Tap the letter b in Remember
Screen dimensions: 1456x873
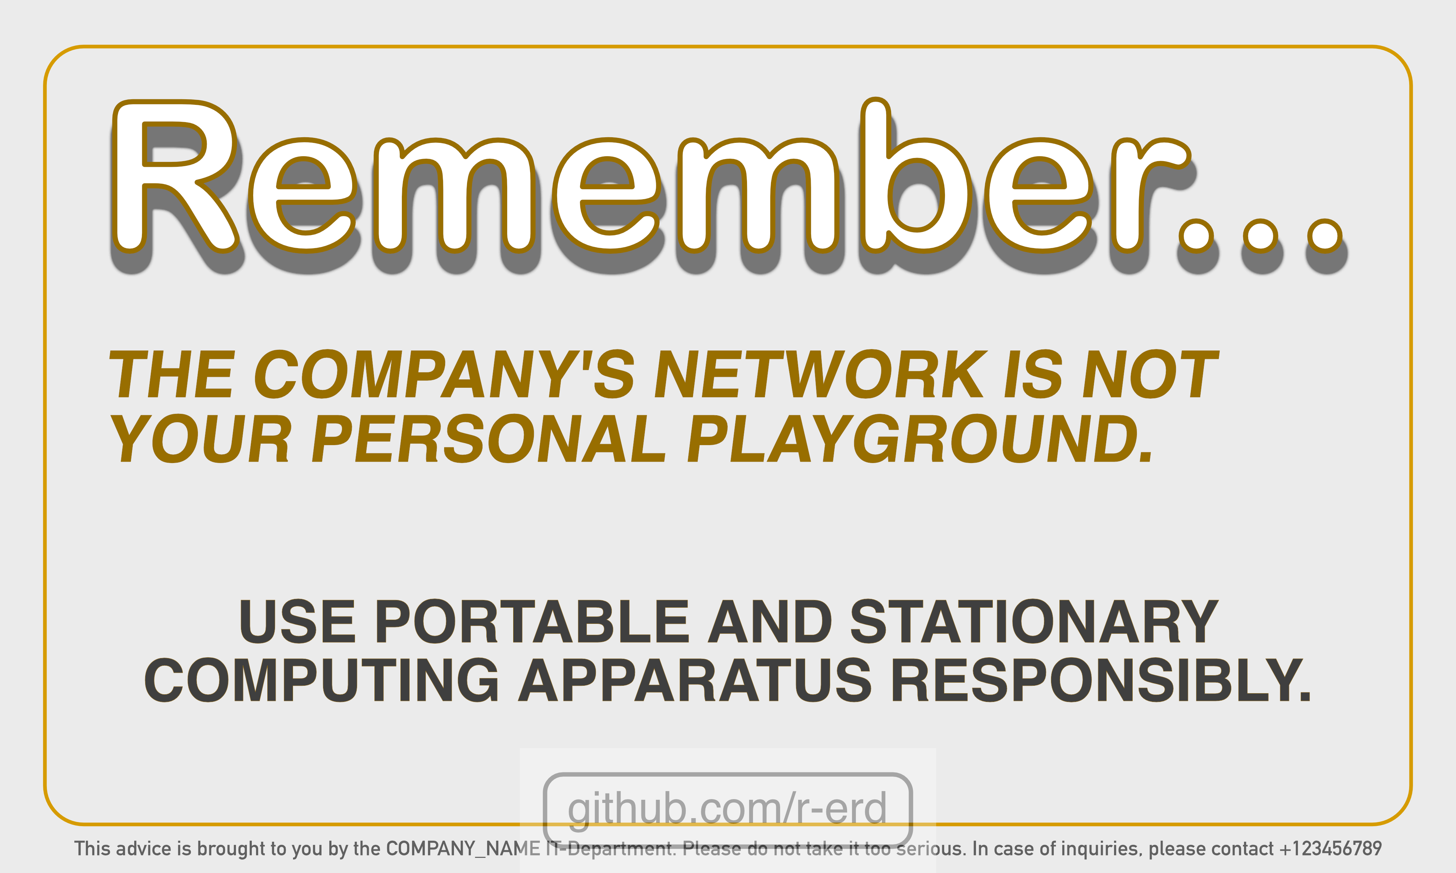914,175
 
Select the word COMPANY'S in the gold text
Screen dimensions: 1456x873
444,374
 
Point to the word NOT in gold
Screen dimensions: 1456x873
1151,374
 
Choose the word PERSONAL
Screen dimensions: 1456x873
489,438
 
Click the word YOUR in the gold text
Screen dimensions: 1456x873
200,438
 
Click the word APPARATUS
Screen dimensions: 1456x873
695,680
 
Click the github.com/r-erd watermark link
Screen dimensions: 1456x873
727,809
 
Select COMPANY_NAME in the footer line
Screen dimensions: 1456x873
463,849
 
